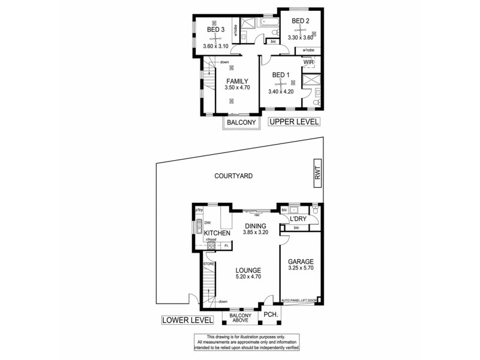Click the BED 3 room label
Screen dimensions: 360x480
point(216,30)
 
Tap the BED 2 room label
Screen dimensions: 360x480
point(300,22)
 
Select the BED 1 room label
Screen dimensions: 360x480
point(281,75)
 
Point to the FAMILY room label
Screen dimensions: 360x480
point(237,81)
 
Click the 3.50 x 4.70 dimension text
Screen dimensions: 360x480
point(237,88)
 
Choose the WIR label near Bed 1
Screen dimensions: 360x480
point(309,61)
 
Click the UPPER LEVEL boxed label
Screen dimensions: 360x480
point(294,122)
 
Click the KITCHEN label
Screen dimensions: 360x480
point(217,233)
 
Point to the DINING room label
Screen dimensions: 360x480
point(254,226)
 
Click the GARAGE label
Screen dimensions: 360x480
point(301,262)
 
